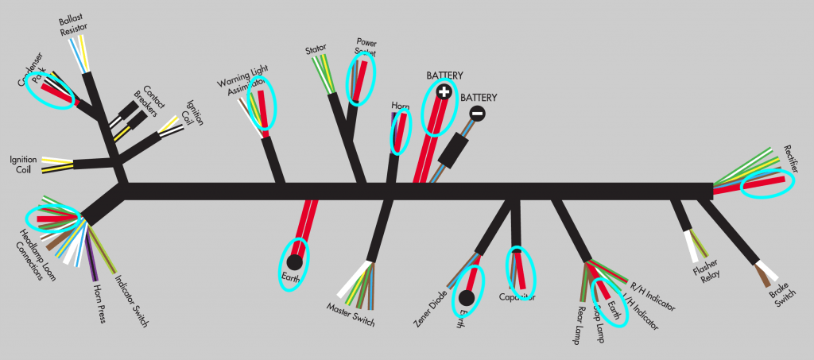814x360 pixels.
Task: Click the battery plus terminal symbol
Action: point(444,93)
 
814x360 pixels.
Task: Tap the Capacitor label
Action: point(517,297)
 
